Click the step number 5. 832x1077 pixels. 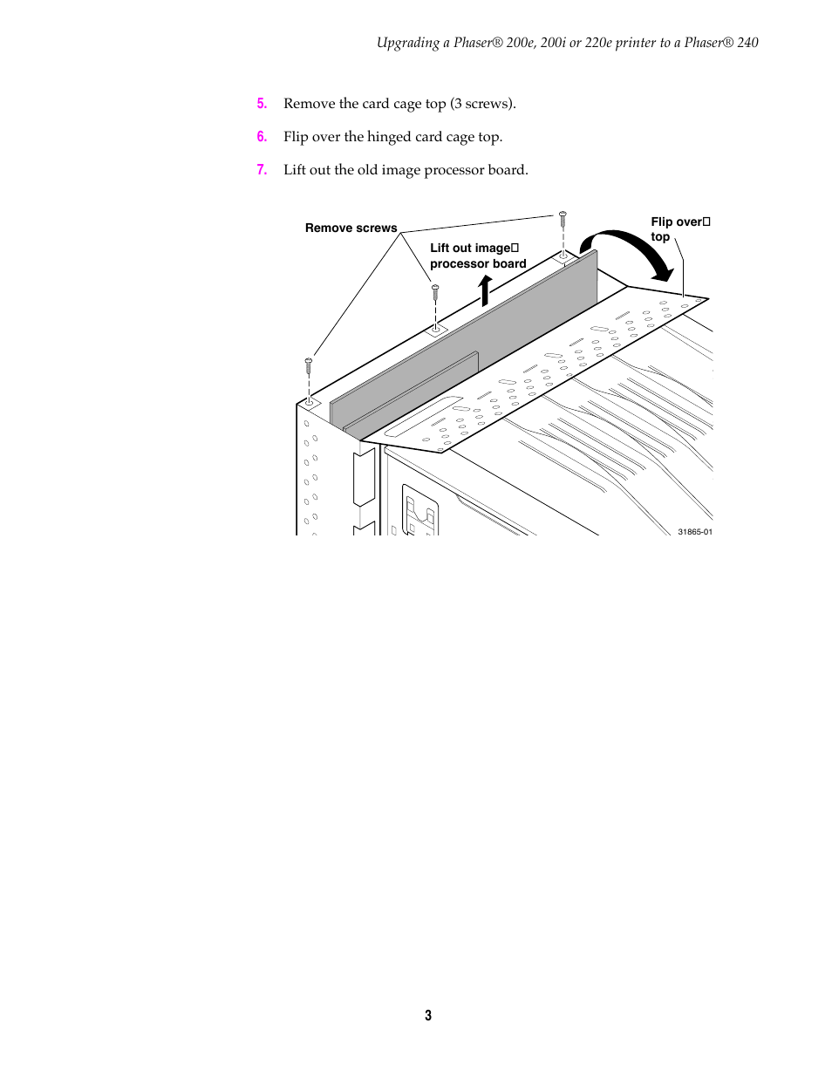point(262,104)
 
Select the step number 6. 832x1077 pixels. point(262,137)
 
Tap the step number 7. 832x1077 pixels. point(262,170)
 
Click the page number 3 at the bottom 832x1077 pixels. point(428,1015)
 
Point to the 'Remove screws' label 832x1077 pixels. point(351,228)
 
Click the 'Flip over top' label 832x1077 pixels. point(680,229)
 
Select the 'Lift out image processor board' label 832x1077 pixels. point(478,256)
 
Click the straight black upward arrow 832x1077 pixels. point(485,290)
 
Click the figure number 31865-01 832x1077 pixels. point(695,532)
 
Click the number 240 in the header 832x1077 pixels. point(747,43)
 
